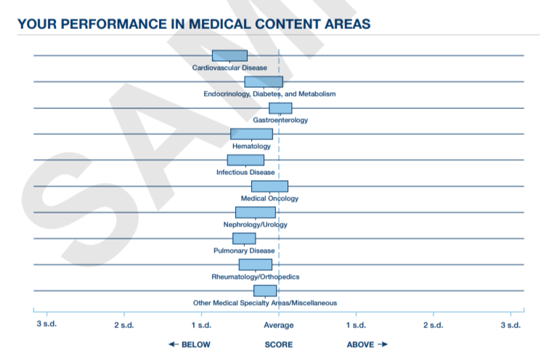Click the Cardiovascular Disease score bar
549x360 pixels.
point(229,56)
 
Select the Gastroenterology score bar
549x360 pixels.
point(280,108)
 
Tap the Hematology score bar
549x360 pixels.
point(251,134)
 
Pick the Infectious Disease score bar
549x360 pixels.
point(245,160)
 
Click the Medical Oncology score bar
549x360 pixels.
point(269,187)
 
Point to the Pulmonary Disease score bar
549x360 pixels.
point(244,239)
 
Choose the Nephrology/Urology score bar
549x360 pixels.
point(255,213)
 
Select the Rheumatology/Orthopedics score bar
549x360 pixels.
point(255,265)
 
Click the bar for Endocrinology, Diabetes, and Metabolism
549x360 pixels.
point(263,82)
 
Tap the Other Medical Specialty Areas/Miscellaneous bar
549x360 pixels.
point(264,291)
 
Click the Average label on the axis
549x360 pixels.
point(279,324)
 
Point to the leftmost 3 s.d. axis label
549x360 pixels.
point(46,324)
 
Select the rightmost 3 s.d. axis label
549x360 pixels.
point(511,324)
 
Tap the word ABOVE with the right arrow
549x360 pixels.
point(367,344)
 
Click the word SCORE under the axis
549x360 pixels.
point(279,344)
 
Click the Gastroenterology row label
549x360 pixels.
point(280,120)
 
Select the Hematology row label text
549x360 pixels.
point(251,146)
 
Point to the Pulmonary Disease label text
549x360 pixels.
point(244,250)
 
